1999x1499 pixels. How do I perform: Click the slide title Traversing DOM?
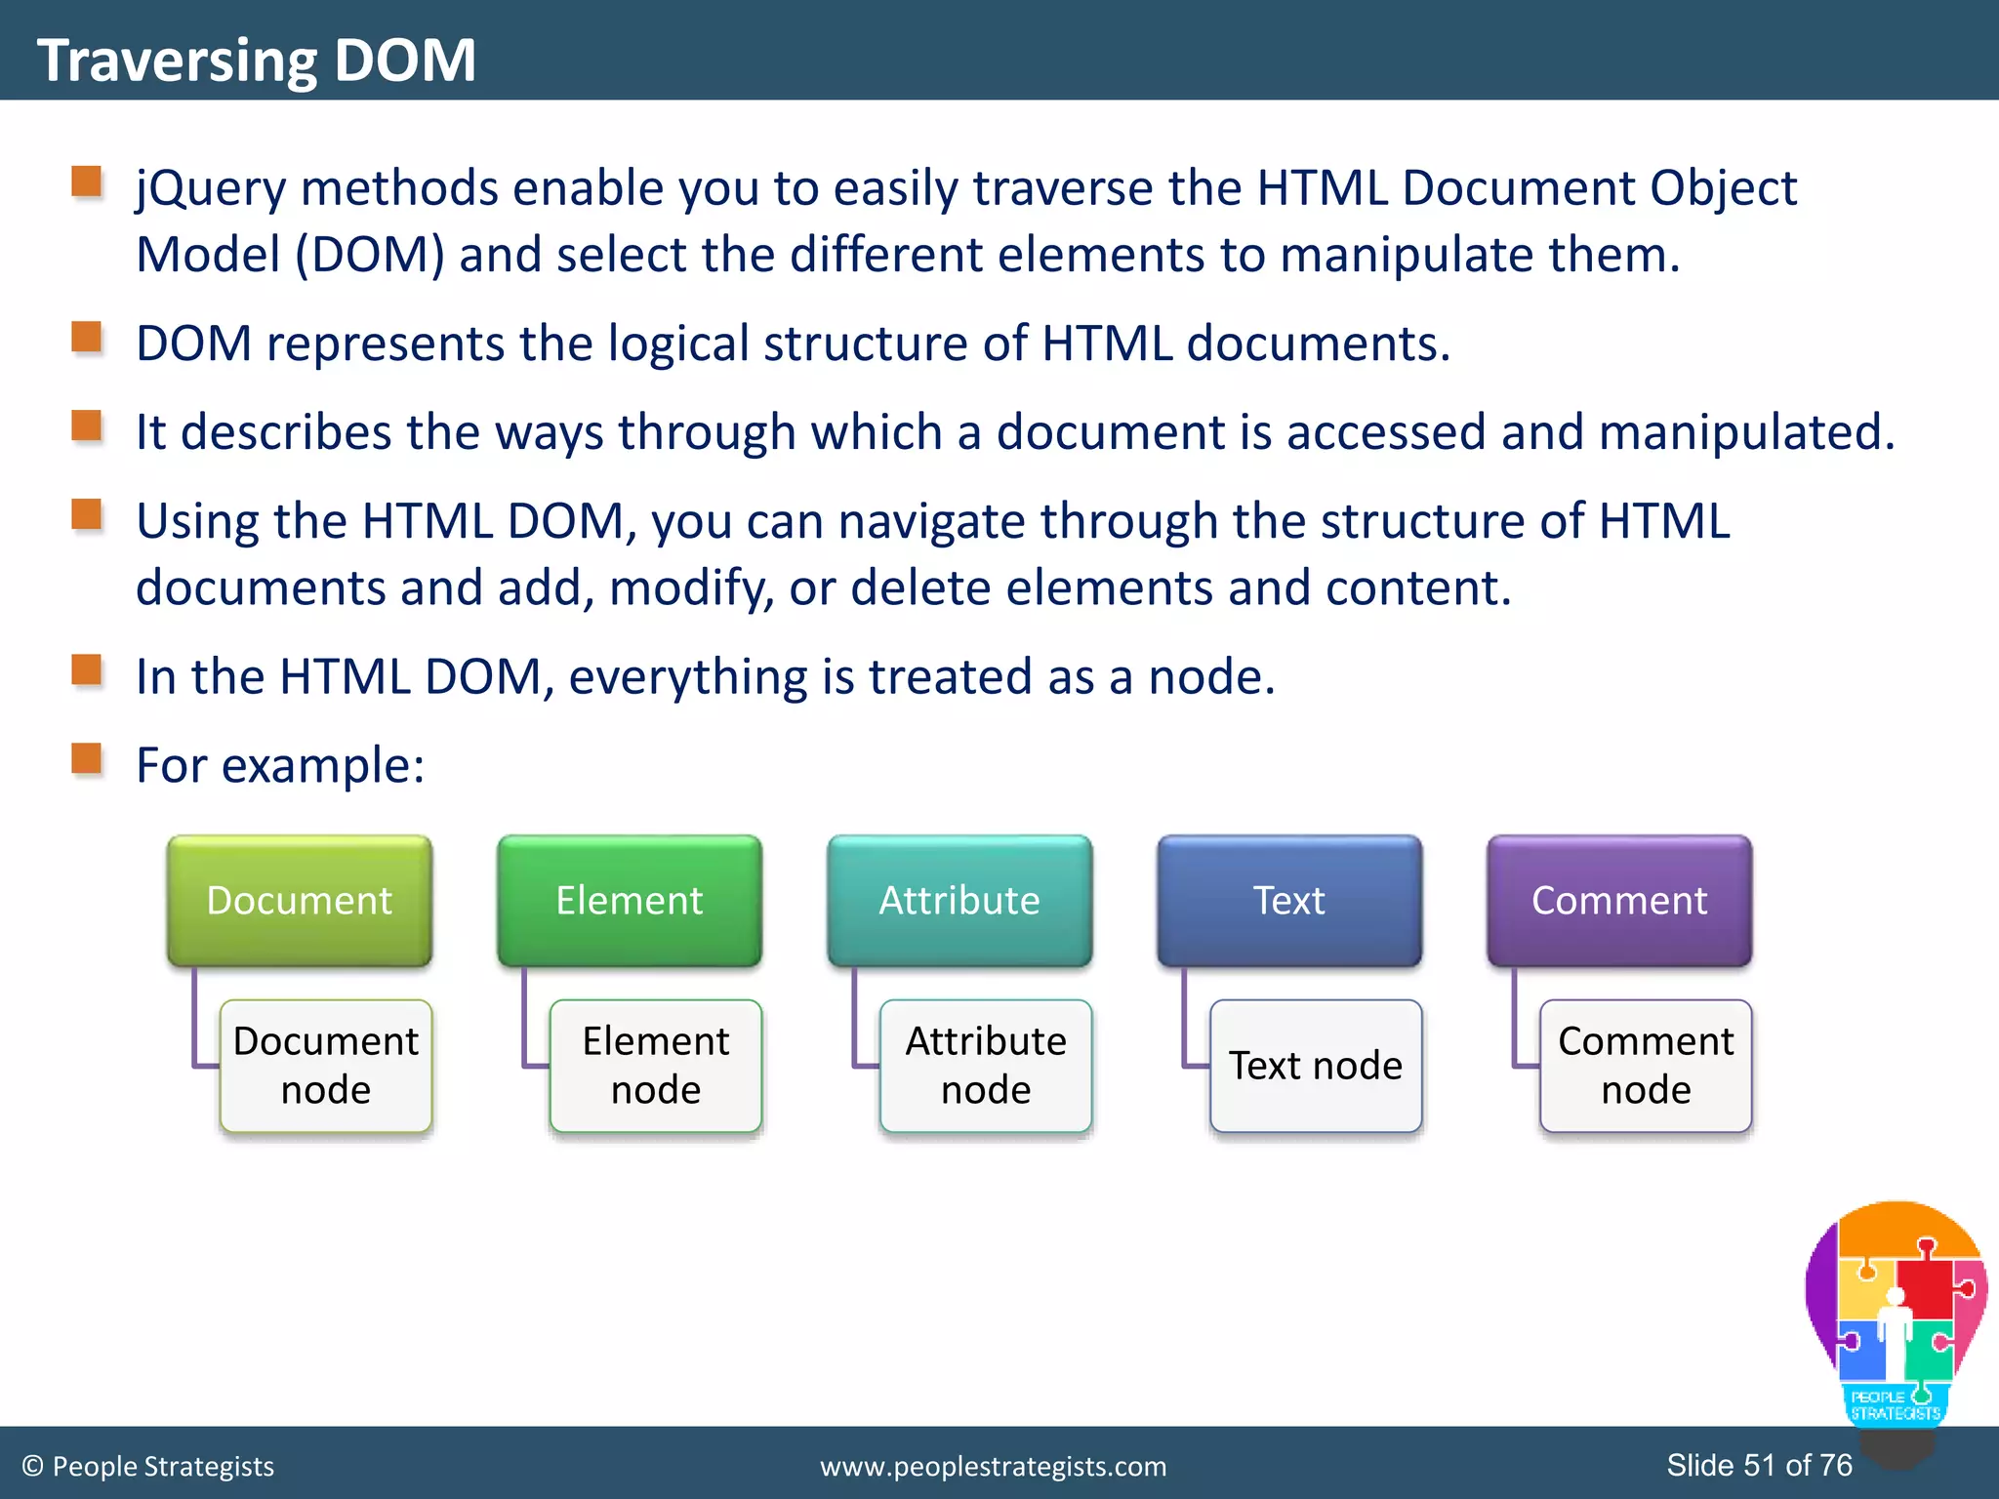coord(256,61)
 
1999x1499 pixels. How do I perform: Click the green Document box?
coord(299,900)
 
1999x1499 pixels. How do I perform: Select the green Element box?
coord(629,900)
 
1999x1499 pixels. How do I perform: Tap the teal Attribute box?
coord(959,900)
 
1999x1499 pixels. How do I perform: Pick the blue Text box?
coord(1288,900)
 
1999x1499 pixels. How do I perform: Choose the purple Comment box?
coord(1618,900)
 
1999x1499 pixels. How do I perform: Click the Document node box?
coord(326,1065)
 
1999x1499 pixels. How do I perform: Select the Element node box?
coord(656,1065)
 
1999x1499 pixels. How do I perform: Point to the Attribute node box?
coord(986,1065)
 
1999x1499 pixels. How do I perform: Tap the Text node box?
coord(1316,1065)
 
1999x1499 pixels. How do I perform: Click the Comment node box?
coord(1646,1065)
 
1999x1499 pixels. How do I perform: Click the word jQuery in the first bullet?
coord(210,188)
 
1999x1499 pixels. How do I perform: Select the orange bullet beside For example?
coord(87,758)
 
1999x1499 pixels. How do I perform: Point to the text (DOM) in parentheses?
coord(370,256)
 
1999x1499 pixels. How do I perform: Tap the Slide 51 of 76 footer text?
coord(1759,1465)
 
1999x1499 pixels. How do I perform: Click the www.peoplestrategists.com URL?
coord(993,1466)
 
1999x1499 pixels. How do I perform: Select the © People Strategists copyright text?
coord(148,1466)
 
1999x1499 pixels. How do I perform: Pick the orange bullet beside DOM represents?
coord(87,338)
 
